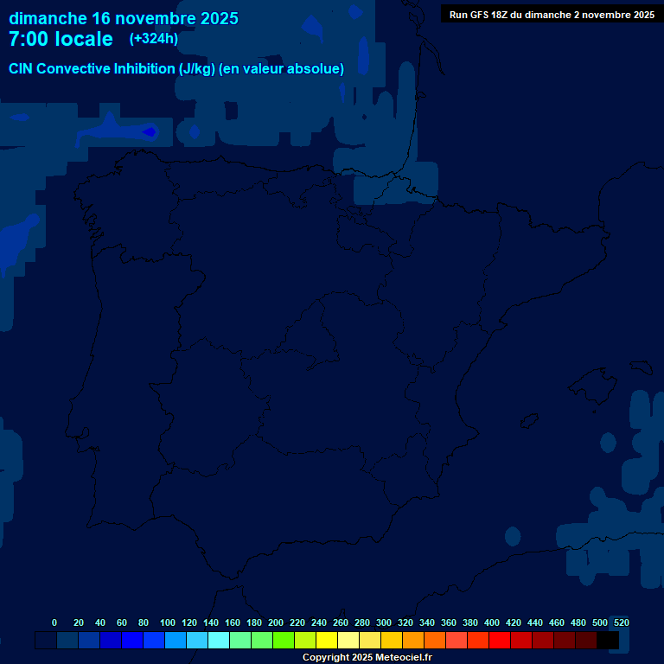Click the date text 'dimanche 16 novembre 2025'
pos(124,18)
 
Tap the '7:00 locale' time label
pos(61,39)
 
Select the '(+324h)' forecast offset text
pos(153,39)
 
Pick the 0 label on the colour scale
pos(54,622)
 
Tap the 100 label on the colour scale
pos(168,622)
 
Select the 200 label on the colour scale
pos(276,622)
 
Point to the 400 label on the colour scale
pos(492,622)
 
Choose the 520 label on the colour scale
pos(621,622)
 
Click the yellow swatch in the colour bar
pos(327,641)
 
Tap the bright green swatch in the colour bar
pos(284,641)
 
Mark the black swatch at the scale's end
pos(608,641)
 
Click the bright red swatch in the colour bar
pos(500,641)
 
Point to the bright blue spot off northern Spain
pos(149,131)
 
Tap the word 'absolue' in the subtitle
pos(318,69)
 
